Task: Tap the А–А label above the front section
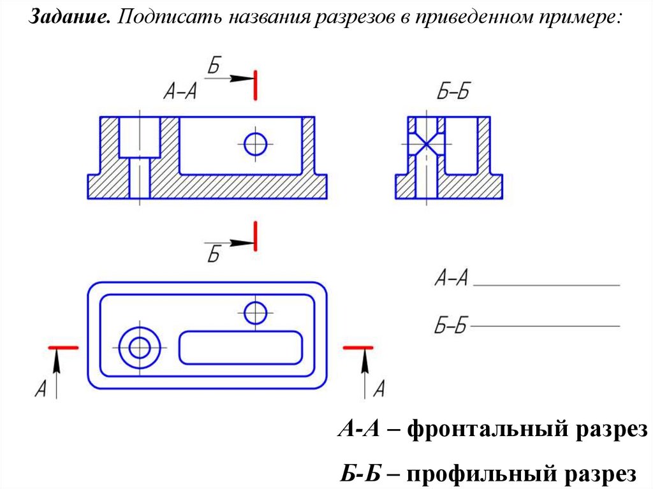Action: point(180,92)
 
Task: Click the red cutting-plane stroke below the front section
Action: point(255,236)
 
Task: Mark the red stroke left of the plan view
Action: point(64,347)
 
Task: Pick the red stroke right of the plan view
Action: point(358,347)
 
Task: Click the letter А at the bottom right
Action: point(379,388)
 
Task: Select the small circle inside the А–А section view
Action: point(256,143)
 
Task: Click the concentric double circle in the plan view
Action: point(138,347)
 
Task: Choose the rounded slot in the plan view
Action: point(240,347)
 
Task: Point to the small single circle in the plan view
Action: point(255,312)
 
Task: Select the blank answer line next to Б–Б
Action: point(545,326)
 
